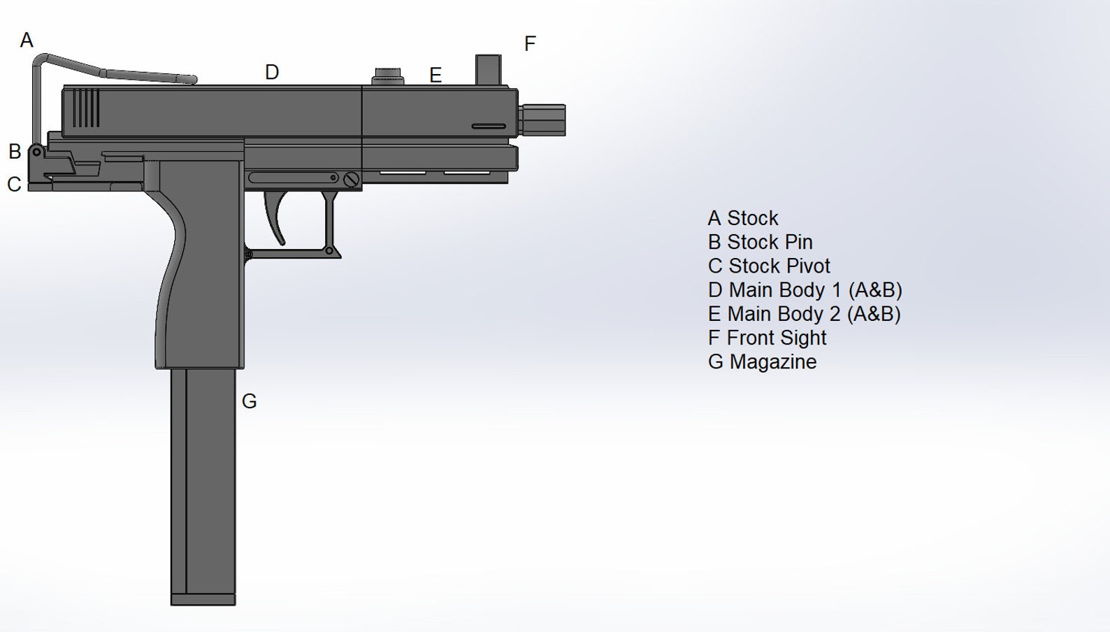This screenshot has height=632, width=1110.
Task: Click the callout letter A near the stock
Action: (x=27, y=41)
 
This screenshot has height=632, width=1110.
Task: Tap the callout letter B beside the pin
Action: (x=15, y=152)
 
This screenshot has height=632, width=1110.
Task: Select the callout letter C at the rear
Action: (x=14, y=185)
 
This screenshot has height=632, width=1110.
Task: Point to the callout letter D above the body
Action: (x=272, y=72)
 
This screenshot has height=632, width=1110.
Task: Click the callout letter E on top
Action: (x=435, y=75)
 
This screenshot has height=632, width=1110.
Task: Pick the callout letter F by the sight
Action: (x=530, y=44)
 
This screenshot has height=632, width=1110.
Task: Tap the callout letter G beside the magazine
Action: (x=249, y=401)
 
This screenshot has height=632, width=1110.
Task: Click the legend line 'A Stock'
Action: (x=742, y=218)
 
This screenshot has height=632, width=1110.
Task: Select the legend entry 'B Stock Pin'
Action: (x=760, y=242)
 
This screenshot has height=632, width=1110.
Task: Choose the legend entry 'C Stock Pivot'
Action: (x=769, y=266)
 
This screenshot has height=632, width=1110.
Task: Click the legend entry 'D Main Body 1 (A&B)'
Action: (x=805, y=290)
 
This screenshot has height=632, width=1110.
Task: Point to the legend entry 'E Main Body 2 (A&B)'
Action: (x=804, y=314)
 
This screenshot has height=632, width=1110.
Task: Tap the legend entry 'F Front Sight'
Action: (x=767, y=338)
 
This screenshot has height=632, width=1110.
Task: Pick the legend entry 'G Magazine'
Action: (x=762, y=362)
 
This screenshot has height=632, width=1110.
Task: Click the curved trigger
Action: (x=275, y=217)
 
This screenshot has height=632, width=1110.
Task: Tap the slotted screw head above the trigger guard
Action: (x=351, y=180)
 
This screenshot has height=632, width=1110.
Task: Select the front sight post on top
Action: (x=488, y=70)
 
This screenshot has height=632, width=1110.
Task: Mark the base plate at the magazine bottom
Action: (x=203, y=599)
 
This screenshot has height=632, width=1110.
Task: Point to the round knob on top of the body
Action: (x=388, y=76)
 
